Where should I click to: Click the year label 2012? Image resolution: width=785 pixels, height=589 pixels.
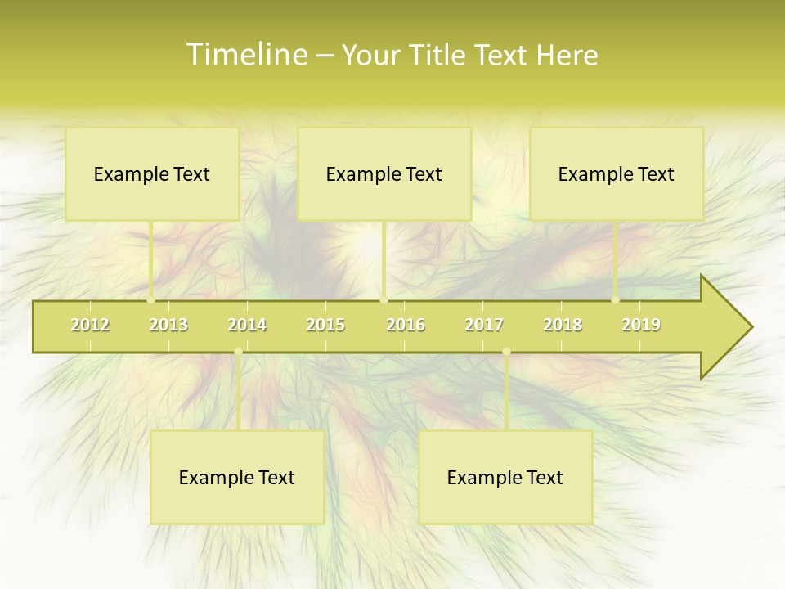coord(90,325)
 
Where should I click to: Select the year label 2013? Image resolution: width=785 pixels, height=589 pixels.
coord(168,325)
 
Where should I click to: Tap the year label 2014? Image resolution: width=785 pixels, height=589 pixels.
coord(247,325)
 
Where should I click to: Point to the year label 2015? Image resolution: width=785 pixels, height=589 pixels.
coord(325,325)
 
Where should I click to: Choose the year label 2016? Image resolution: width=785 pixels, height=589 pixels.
coord(406,325)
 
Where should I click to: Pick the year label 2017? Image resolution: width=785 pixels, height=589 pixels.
coord(484,325)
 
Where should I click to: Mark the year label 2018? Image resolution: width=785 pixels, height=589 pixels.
coord(563,325)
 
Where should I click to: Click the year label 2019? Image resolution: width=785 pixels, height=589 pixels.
coord(641,325)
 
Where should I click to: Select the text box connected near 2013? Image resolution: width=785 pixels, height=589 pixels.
coord(151,173)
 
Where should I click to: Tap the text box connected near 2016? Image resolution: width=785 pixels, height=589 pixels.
coord(384,173)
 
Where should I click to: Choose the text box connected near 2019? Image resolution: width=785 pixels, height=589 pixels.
coord(616,173)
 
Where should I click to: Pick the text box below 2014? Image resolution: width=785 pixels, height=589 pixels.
coord(236,477)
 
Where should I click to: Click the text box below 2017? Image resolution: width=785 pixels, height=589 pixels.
coord(505,477)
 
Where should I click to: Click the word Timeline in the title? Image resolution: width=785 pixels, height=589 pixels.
coord(246,55)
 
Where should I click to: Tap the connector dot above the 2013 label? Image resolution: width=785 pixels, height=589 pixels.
coord(151,300)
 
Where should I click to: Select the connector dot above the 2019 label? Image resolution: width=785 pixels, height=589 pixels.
coord(616,300)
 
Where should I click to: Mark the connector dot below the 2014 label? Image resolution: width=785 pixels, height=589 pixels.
coord(238,352)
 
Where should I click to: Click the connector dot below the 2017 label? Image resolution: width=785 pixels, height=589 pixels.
coord(506,352)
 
